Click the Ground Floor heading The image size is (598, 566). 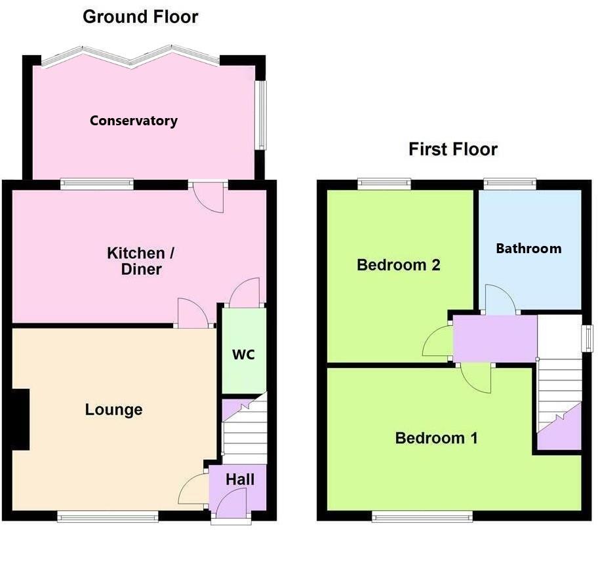pos(140,17)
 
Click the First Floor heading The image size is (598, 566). pos(453,150)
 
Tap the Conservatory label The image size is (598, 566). pos(134,121)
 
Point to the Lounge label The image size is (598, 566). pos(114,410)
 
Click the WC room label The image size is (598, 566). pos(243,355)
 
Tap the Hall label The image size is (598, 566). pos(240,479)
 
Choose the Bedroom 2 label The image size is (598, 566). pos(398,265)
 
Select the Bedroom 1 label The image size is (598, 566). pos(437,437)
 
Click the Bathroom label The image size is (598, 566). pos(528,248)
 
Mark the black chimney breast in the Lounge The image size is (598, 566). pos(20,419)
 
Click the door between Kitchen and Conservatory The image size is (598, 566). pos(209,196)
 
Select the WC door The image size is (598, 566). pos(244,293)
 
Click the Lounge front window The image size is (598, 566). pos(108,517)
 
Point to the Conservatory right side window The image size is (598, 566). pos(260,115)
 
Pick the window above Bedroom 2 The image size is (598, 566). pos(384,184)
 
